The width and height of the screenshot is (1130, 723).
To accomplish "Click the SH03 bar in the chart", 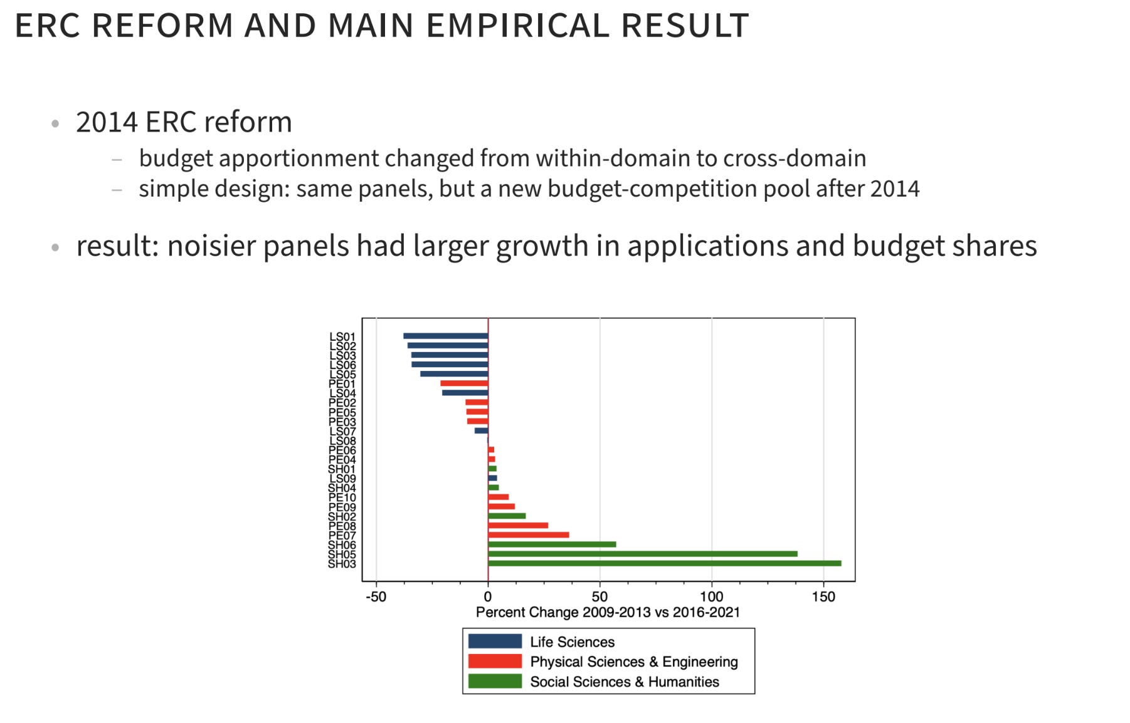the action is click(x=665, y=563).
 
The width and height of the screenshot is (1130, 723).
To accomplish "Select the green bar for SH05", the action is click(x=643, y=554).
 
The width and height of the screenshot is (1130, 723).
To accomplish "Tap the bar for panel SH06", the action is click(x=552, y=544).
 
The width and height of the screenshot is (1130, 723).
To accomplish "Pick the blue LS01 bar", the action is click(x=446, y=336).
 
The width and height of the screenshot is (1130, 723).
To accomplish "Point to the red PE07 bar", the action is click(x=529, y=535).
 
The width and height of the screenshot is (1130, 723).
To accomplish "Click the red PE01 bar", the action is click(x=464, y=383).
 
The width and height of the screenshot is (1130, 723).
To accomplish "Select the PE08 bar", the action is click(x=518, y=526).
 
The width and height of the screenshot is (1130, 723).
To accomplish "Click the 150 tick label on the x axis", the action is click(x=823, y=596).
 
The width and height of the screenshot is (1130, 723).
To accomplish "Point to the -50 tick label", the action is click(x=376, y=596).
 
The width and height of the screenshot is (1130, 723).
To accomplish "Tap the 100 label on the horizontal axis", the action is click(x=712, y=596).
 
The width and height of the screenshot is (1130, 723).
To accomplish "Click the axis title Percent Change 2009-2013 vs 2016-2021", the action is click(x=608, y=612).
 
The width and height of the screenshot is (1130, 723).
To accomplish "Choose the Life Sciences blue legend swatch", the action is click(x=495, y=641).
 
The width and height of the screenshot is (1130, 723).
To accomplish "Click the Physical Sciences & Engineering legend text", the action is click(x=634, y=662).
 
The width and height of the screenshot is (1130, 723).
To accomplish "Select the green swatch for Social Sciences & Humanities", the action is click(x=495, y=681).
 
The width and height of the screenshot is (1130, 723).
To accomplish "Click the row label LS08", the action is click(x=342, y=441).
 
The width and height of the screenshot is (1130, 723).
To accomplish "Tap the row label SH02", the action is click(x=342, y=517).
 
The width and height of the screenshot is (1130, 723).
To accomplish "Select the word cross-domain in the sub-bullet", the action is click(x=795, y=159).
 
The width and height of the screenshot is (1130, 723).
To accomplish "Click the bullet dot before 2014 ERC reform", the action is click(x=55, y=123).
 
